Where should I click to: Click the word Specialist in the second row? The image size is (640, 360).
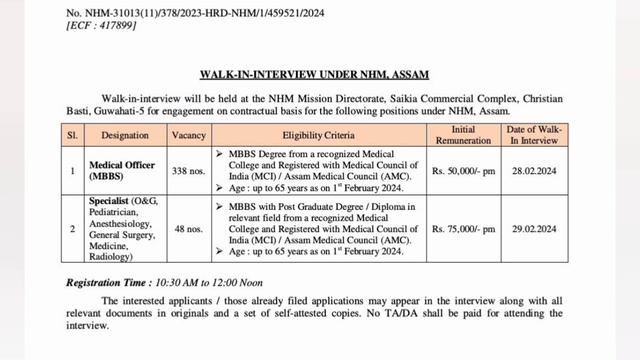[x=108, y=205]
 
